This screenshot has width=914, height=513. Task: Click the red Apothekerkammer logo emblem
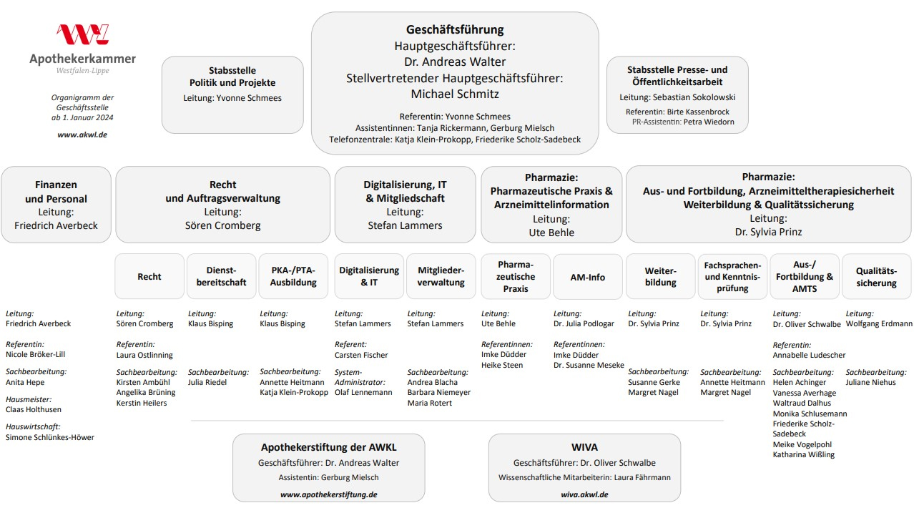(x=82, y=35)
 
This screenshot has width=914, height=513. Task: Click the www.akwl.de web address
(x=82, y=135)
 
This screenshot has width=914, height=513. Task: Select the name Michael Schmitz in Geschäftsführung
(x=455, y=94)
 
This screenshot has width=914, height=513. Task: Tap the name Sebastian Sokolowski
(x=694, y=97)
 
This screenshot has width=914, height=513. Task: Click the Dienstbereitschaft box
(x=221, y=277)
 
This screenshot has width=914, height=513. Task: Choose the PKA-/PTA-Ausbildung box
(x=293, y=277)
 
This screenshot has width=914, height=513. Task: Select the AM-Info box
(x=587, y=277)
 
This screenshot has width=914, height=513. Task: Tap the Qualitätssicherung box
(x=876, y=277)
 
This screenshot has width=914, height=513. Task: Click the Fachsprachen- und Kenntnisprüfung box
(x=732, y=277)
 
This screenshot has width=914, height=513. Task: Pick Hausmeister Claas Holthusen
(x=34, y=410)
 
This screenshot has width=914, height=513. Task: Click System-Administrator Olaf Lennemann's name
(x=363, y=392)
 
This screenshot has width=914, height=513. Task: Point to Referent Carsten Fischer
(x=361, y=355)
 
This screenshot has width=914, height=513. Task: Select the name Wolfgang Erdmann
(x=879, y=324)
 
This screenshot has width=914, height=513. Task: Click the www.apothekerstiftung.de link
(x=328, y=494)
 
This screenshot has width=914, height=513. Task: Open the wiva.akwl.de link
(x=584, y=494)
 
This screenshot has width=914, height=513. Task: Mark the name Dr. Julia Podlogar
(x=584, y=324)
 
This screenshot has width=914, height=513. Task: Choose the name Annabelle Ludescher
(x=809, y=355)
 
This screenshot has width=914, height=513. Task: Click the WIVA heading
(x=584, y=447)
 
